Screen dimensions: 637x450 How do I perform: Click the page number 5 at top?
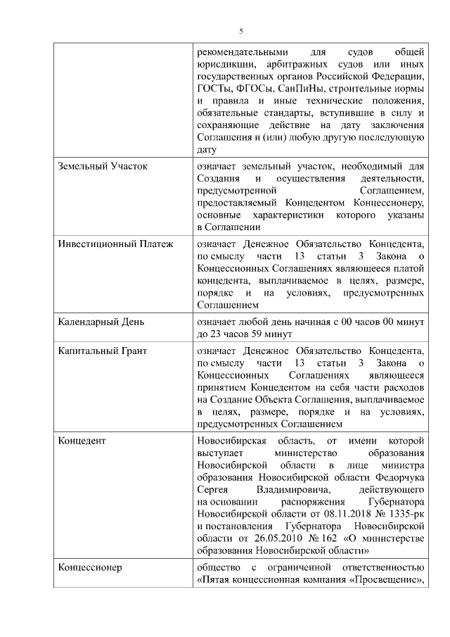(x=240, y=31)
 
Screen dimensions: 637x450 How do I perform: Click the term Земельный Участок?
(x=103, y=166)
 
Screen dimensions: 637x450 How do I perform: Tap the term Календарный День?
(x=101, y=322)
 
